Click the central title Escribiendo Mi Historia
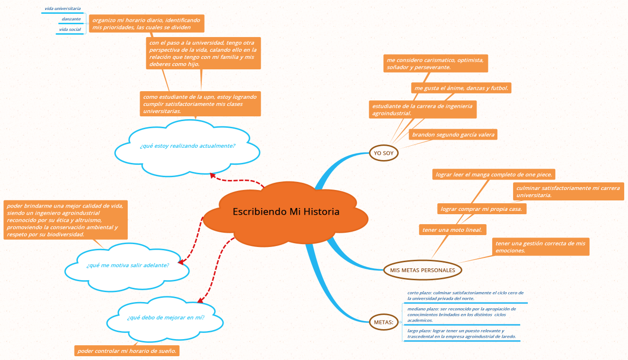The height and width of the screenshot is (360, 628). (x=286, y=211)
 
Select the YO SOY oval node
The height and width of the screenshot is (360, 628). (x=384, y=153)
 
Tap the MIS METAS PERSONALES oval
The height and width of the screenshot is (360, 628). (x=422, y=270)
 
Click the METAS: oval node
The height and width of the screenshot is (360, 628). (x=384, y=322)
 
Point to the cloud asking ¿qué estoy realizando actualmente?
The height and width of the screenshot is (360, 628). (x=187, y=148)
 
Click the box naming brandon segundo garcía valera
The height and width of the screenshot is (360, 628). (x=453, y=135)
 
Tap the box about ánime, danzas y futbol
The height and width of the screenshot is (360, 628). (x=461, y=88)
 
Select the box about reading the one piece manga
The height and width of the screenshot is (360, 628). (x=494, y=174)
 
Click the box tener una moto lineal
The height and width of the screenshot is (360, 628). (x=452, y=230)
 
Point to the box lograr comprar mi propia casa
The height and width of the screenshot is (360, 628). (x=482, y=209)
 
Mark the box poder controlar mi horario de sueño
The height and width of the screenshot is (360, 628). (x=127, y=351)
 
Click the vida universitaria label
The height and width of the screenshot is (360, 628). (x=63, y=9)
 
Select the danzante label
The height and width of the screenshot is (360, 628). (x=71, y=19)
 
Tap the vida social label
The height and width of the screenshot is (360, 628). (x=70, y=29)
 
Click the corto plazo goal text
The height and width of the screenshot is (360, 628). (x=465, y=296)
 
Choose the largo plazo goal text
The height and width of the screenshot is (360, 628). (x=461, y=334)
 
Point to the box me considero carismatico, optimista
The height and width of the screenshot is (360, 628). (x=436, y=64)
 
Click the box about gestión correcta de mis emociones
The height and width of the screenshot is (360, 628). (x=541, y=247)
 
